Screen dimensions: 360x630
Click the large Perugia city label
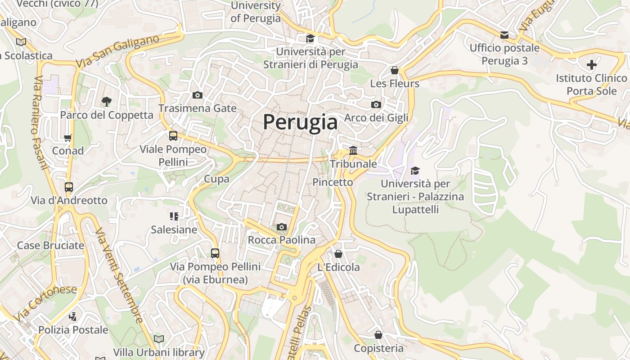[300, 122]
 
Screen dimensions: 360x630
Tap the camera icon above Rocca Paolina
[282, 227]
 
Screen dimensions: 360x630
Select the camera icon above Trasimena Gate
[197, 95]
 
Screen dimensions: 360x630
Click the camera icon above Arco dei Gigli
[376, 104]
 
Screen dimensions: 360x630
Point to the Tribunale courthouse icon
[353, 150]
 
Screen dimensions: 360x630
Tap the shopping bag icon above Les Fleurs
[395, 70]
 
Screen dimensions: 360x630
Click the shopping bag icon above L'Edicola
[338, 254]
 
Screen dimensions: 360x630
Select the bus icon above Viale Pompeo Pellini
[173, 135]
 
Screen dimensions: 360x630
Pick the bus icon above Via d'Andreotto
[69, 187]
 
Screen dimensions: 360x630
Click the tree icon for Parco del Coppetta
[107, 101]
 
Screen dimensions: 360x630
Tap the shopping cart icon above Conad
[68, 138]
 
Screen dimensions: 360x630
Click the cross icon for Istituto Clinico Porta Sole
[591, 65]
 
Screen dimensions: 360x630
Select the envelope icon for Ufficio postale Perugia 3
[504, 35]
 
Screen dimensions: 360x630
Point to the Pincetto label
[333, 182]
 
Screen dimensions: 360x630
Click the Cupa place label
[216, 179]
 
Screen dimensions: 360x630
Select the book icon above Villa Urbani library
[158, 338]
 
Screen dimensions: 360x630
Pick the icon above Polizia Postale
[72, 316]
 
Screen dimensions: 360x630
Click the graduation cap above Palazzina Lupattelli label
[415, 171]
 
